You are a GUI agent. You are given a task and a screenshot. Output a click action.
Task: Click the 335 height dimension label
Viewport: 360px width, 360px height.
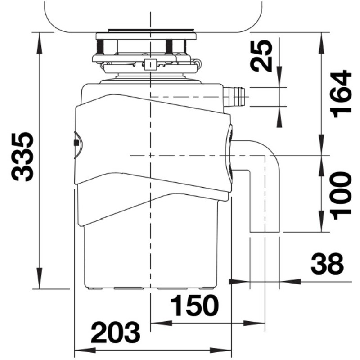coord(22,157)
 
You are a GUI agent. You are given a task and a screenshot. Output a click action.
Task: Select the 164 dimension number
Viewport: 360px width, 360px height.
coord(341,94)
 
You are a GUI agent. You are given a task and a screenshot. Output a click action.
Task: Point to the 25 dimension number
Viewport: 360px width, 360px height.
coord(261,56)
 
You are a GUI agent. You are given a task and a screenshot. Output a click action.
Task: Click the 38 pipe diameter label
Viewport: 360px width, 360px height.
coord(327,264)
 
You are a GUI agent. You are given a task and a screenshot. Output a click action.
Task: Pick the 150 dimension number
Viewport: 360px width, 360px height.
coord(194,306)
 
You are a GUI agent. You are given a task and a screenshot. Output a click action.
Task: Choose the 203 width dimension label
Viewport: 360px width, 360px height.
coord(116,332)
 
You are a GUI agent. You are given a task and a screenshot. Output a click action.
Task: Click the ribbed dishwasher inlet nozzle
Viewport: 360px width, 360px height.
coord(234,96)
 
